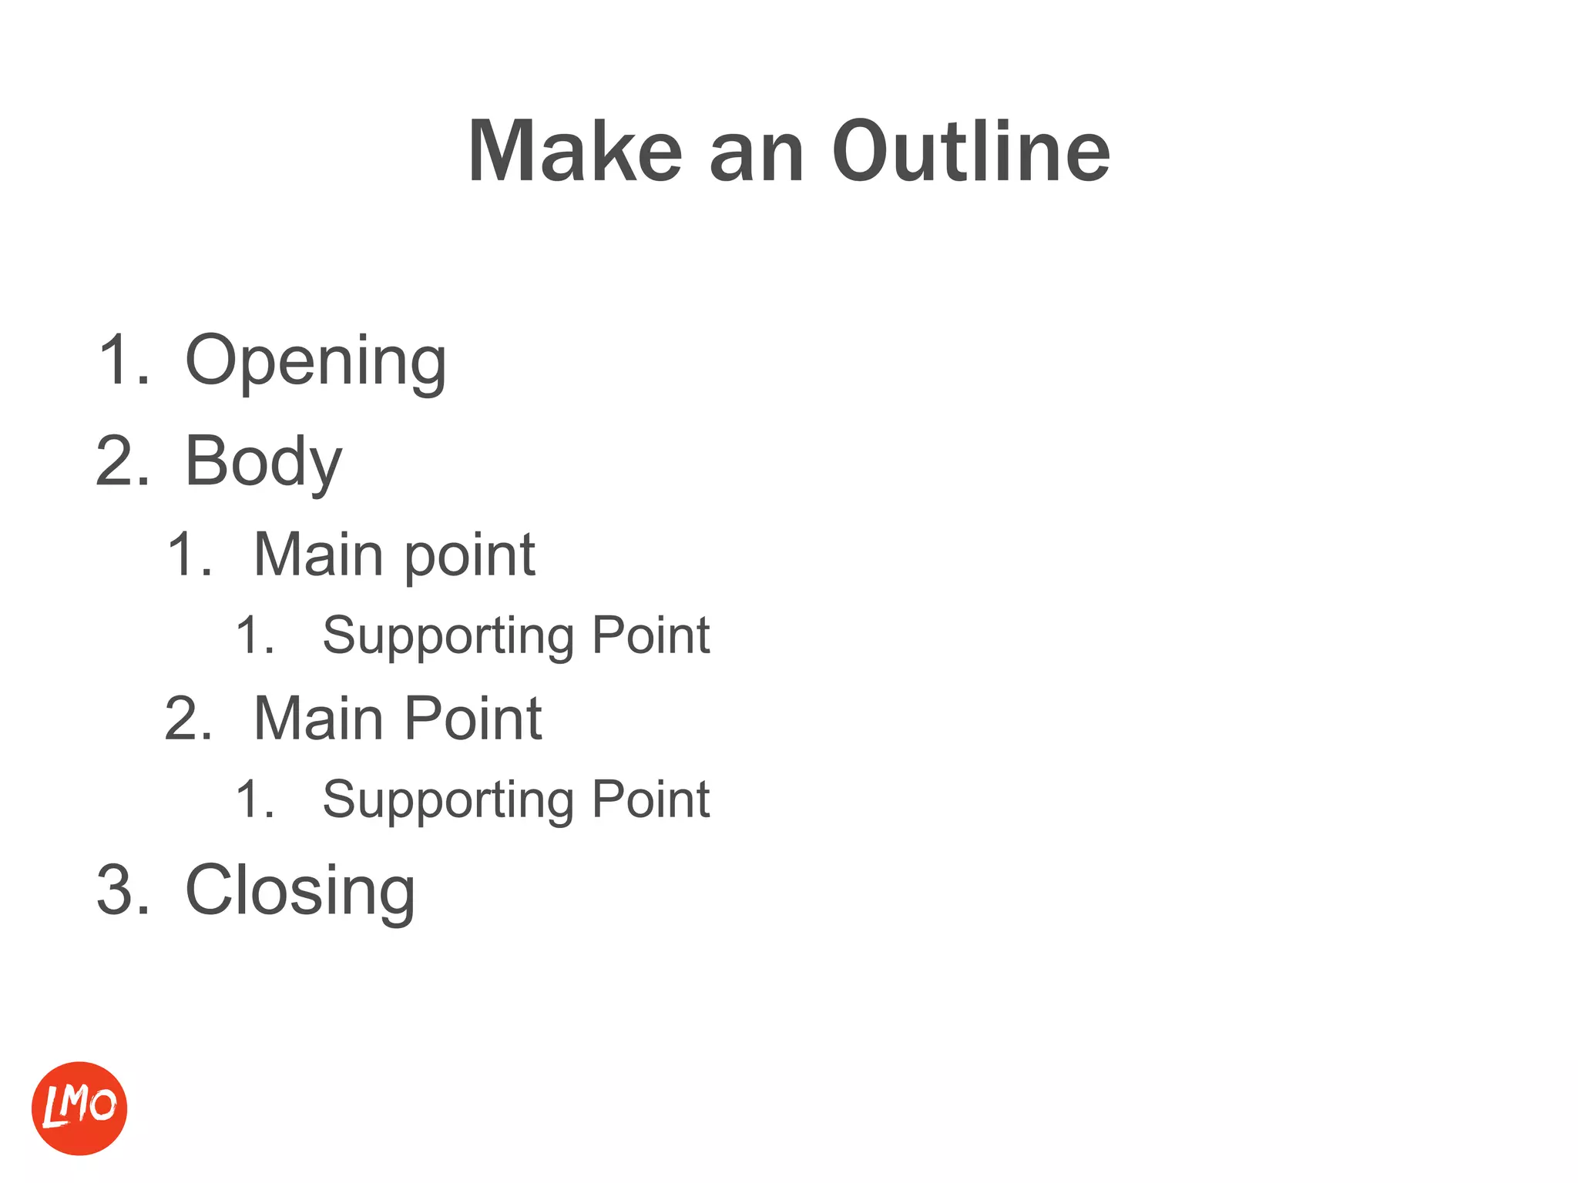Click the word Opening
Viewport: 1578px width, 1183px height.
click(x=316, y=362)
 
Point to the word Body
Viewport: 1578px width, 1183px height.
click(x=264, y=462)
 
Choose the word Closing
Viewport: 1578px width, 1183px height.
click(x=300, y=891)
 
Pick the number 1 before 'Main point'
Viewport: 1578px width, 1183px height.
click(x=182, y=555)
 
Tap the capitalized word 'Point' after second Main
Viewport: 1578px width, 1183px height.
click(x=473, y=719)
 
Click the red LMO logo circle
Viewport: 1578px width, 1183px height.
click(x=79, y=1108)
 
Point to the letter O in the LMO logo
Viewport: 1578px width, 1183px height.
click(x=103, y=1104)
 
